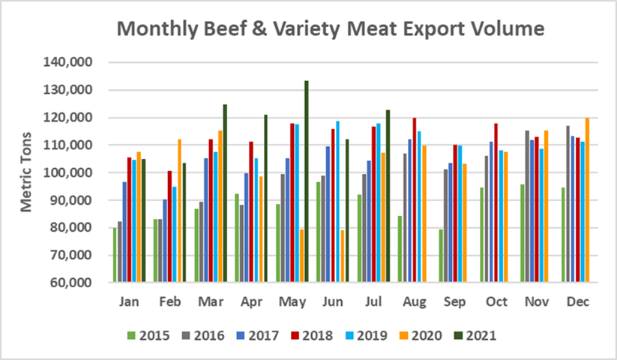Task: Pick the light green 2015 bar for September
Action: click(x=442, y=256)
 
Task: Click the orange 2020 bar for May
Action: click(x=301, y=256)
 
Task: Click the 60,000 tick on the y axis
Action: click(x=73, y=283)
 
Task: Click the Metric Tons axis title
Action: click(x=26, y=173)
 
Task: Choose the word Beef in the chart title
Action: click(x=226, y=30)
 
